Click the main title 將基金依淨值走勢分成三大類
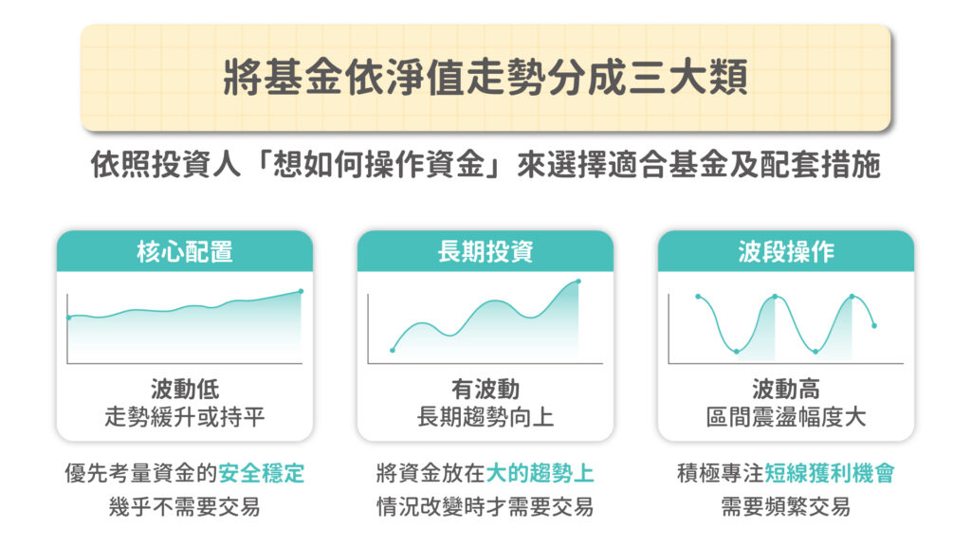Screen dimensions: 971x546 click(x=485, y=78)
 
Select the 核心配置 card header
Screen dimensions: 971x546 click(x=185, y=251)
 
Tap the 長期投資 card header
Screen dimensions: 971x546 click(x=485, y=251)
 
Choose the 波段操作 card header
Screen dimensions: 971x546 click(x=786, y=251)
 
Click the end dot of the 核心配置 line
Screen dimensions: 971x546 click(x=301, y=291)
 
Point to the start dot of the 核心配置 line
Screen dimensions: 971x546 click(x=68, y=318)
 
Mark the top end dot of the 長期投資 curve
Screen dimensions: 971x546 click(x=578, y=281)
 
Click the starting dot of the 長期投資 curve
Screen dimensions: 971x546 click(x=393, y=351)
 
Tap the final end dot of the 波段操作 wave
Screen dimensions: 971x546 click(x=874, y=326)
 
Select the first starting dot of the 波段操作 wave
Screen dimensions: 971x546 click(x=698, y=297)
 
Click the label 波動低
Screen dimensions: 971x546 click(x=185, y=390)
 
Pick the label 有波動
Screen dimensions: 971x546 click(x=485, y=390)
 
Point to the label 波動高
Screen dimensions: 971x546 click(x=786, y=390)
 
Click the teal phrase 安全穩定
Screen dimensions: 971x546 click(x=261, y=474)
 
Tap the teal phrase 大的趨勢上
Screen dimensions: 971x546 click(x=540, y=474)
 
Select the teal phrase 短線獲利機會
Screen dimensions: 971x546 click(x=829, y=474)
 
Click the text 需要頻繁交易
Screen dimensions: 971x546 click(x=786, y=506)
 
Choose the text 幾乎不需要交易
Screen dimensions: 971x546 click(x=185, y=506)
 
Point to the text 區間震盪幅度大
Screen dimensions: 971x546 click(x=786, y=417)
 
